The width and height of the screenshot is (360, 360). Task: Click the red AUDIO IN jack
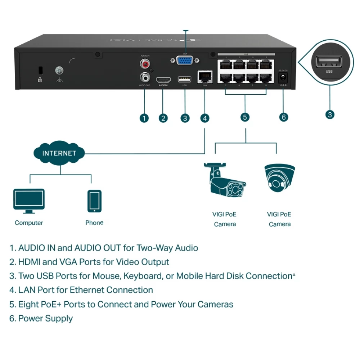coord(145,64)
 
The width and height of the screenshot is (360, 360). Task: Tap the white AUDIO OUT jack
coord(145,77)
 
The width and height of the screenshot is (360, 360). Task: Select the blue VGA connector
coord(184,62)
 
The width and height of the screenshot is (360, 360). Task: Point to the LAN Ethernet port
coord(205,76)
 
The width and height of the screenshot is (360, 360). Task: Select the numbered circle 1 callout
coord(144,118)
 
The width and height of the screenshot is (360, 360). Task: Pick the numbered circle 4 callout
coord(204,118)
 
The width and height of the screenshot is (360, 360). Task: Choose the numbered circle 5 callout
coord(245,117)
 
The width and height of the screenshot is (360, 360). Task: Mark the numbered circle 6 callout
coord(284,117)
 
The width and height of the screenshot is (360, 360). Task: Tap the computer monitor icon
coord(29,199)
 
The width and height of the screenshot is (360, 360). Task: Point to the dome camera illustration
coord(279,177)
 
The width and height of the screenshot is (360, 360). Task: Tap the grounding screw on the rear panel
coord(59,69)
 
